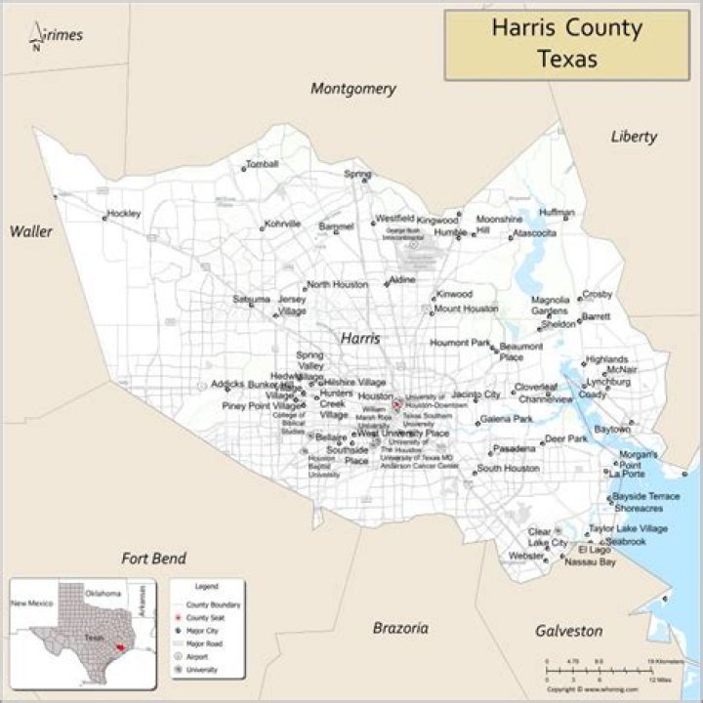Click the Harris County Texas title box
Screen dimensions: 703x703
coord(566,44)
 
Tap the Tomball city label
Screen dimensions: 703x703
coord(263,164)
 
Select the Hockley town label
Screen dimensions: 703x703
coord(124,213)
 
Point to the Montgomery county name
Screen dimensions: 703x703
coord(353,89)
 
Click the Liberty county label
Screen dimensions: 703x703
coord(634,137)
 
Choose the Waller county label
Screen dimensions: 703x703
coord(31,231)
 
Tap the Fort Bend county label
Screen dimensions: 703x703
coord(153,558)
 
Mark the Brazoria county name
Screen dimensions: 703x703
coord(400,628)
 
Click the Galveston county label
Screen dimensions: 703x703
coord(568,631)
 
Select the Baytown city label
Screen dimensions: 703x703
coord(612,430)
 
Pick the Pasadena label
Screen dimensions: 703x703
coord(515,449)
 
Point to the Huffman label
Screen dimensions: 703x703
coord(556,212)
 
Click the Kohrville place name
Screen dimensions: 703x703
coord(283,224)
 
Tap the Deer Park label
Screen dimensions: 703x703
coord(566,439)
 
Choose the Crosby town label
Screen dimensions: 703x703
coord(597,294)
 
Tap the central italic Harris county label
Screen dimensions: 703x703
coord(360,337)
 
